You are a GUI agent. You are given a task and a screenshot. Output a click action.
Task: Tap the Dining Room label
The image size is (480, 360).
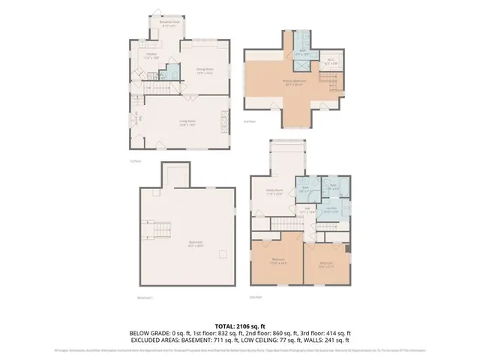pos(205,71)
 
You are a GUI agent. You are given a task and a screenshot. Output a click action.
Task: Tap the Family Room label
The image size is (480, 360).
pos(273,192)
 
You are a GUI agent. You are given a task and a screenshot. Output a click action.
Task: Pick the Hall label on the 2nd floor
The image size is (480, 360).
pos(307,211)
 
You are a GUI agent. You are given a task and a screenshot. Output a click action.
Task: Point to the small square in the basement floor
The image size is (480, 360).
pos(223,253)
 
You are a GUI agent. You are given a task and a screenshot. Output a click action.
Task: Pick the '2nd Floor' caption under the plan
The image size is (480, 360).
pos(254,298)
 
